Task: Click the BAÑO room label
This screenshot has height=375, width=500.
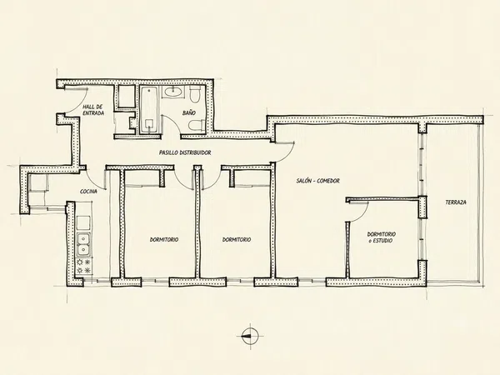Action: [x=189, y=112]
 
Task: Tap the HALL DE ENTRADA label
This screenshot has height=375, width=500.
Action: [x=93, y=110]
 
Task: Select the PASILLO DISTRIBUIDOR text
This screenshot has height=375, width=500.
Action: [x=185, y=152]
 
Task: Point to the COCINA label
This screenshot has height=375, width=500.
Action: [x=88, y=192]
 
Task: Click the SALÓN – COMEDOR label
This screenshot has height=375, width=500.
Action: [x=318, y=181]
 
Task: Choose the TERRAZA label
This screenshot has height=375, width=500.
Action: [x=456, y=202]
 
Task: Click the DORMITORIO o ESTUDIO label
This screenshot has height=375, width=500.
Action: [x=382, y=237]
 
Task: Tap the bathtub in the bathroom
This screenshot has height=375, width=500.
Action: [x=149, y=110]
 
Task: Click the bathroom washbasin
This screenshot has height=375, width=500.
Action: [x=173, y=92]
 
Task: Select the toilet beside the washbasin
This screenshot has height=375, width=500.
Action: [x=194, y=93]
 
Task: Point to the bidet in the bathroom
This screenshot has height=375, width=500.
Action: [x=197, y=125]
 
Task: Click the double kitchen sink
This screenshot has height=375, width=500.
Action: [x=84, y=244]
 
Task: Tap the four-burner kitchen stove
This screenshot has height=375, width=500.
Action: [x=84, y=267]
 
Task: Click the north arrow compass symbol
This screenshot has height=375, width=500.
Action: [x=250, y=336]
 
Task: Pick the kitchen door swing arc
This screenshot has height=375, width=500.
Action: [x=95, y=179]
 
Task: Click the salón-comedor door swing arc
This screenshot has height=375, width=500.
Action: [x=286, y=154]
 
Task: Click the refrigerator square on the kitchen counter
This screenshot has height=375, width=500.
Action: [x=84, y=222]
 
